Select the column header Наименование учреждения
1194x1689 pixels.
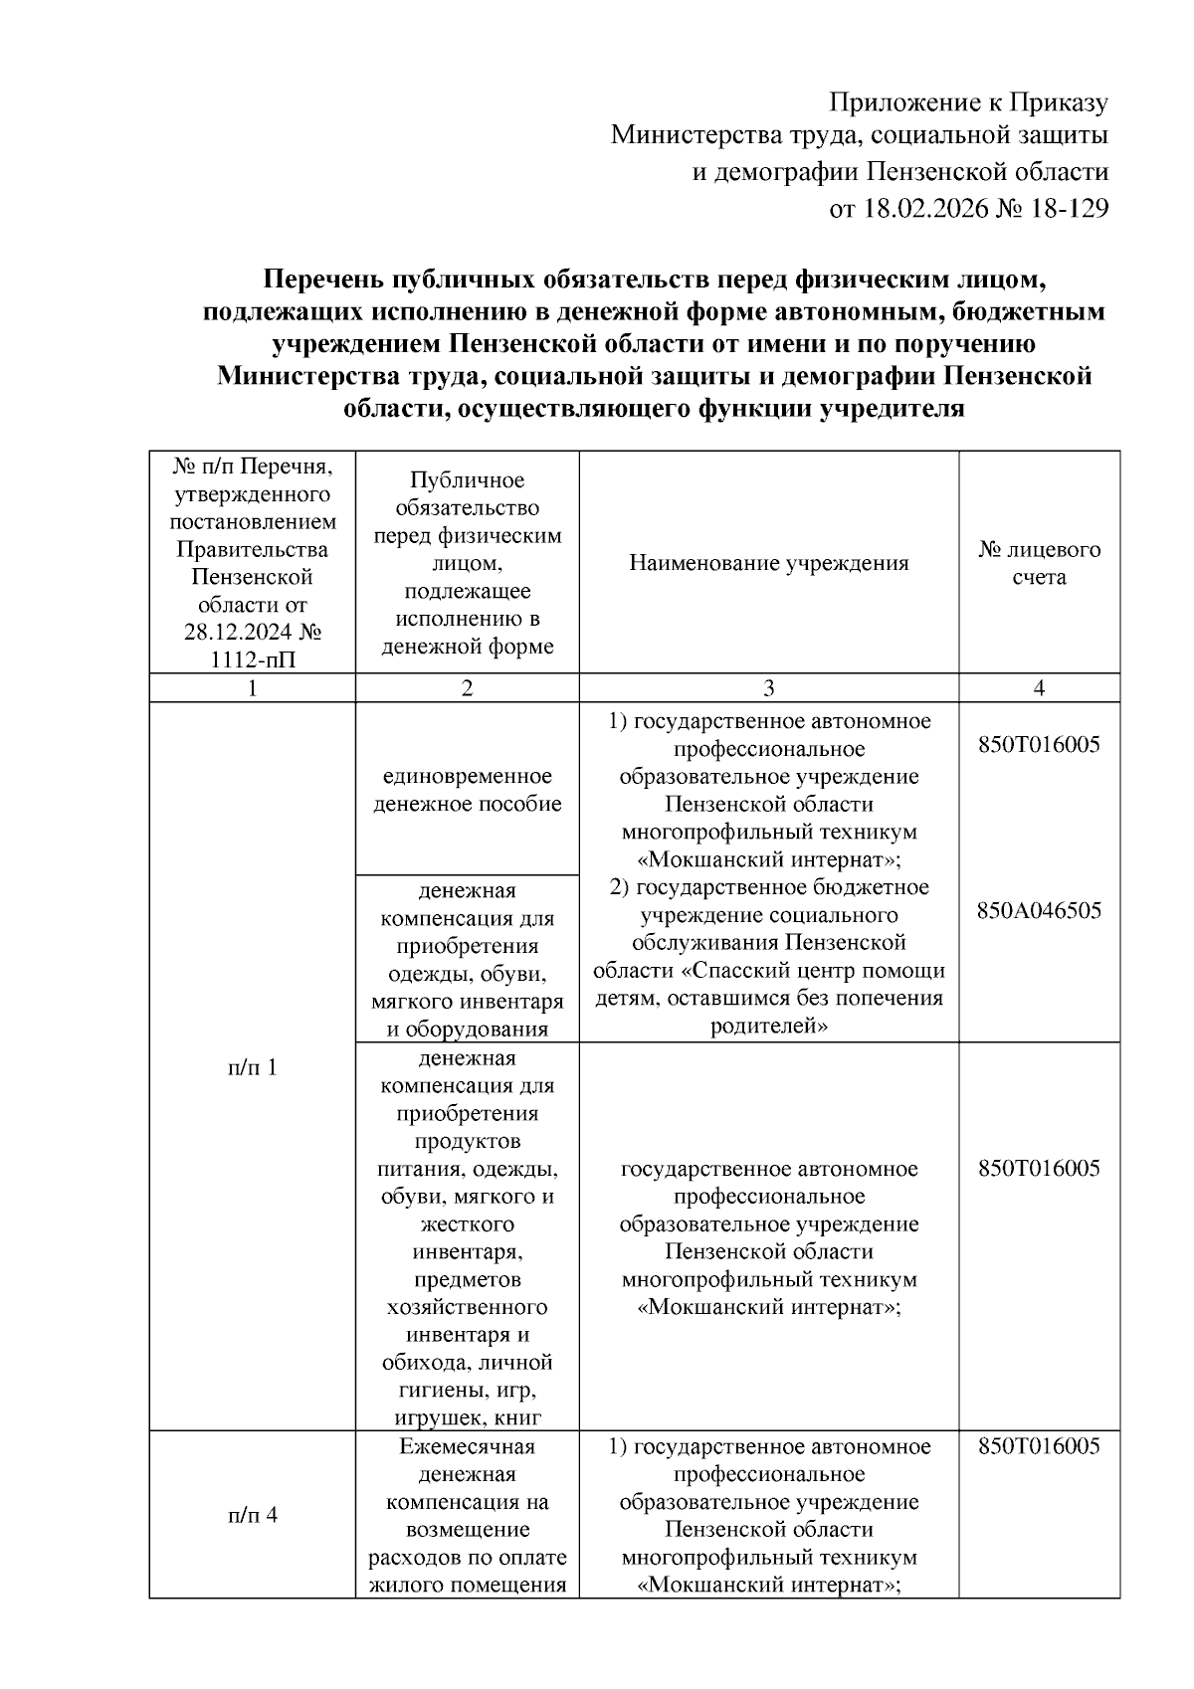click(x=768, y=563)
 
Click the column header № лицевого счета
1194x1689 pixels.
click(x=1039, y=563)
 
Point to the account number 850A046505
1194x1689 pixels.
click(x=1039, y=911)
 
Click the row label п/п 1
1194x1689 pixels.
click(x=252, y=1067)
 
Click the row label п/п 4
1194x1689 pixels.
click(x=252, y=1515)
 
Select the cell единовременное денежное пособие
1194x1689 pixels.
click(x=467, y=789)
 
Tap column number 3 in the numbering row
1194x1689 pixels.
click(x=768, y=688)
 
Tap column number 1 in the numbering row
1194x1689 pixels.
click(x=252, y=688)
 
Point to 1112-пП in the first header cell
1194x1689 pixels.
click(x=252, y=659)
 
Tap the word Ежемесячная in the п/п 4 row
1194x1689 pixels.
click(x=467, y=1446)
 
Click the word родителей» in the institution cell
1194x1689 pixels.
click(x=768, y=1026)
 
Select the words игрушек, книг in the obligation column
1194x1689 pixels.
click(x=467, y=1417)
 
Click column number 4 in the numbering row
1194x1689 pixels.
click(x=1039, y=688)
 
